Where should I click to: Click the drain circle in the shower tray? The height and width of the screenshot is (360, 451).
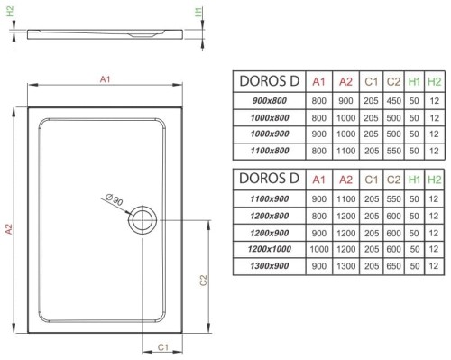point(142,220)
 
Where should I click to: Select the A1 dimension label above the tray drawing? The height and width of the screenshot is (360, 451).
point(104,81)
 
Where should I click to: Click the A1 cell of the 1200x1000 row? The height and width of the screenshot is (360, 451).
point(318,249)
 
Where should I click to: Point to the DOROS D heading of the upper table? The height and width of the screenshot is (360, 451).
point(265,80)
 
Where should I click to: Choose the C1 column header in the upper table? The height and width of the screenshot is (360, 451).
point(370,80)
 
